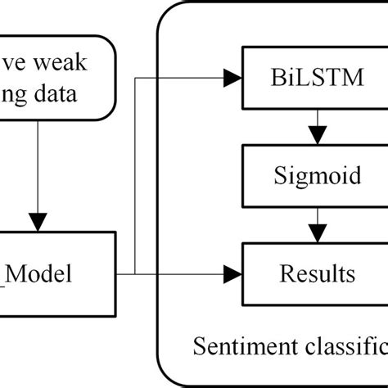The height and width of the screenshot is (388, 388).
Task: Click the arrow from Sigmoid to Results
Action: click(x=313, y=224)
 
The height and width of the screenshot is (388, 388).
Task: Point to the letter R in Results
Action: click(x=286, y=273)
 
